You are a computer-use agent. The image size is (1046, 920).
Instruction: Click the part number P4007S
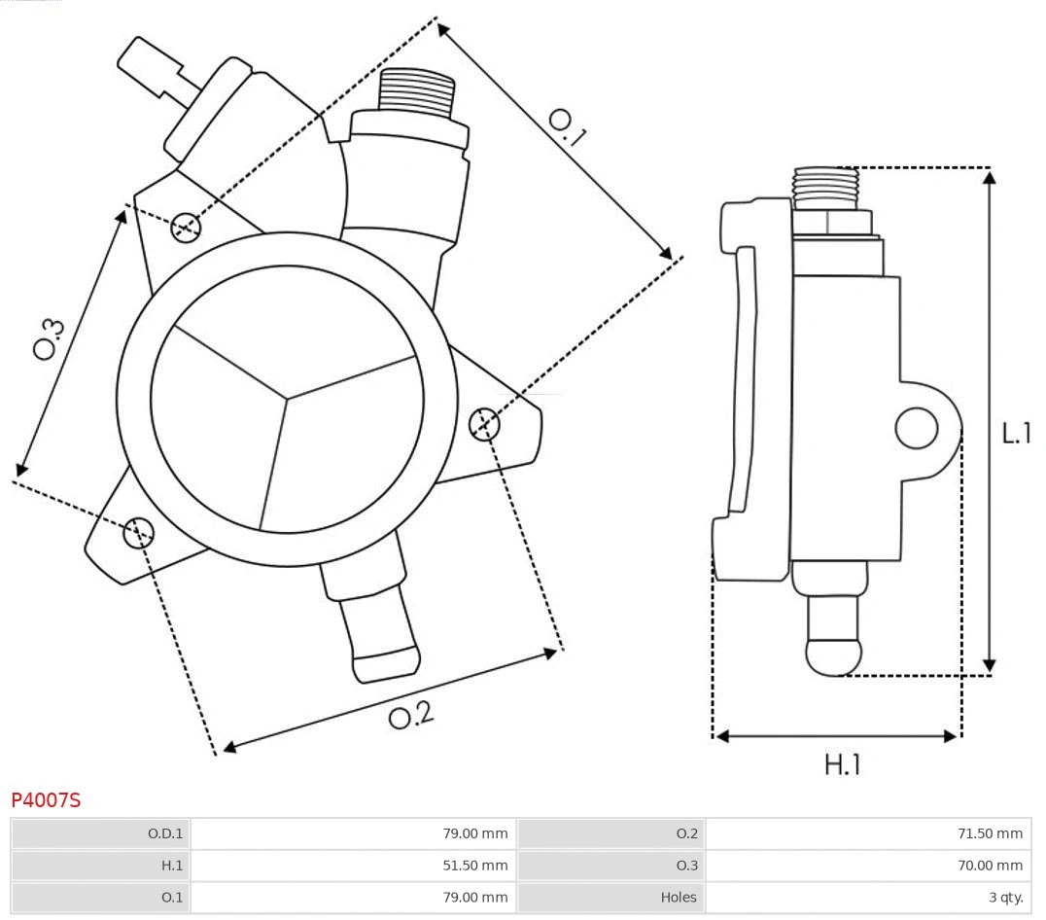(46, 800)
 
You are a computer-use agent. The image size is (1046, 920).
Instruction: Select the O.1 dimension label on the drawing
(567, 126)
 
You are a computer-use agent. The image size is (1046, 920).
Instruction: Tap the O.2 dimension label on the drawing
(410, 717)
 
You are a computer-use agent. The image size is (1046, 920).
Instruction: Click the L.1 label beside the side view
(1016, 433)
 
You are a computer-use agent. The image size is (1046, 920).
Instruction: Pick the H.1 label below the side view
(842, 764)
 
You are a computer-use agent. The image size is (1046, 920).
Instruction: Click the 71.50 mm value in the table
(989, 833)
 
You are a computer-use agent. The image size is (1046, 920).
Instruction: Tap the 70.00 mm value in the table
(989, 865)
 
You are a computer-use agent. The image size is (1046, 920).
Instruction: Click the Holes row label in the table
(679, 897)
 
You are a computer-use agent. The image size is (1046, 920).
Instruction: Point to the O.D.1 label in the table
(164, 833)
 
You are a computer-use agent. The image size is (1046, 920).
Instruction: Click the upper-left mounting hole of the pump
(185, 228)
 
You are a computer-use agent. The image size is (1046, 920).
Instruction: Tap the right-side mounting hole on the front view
(483, 424)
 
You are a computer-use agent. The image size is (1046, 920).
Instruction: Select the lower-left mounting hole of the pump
(138, 531)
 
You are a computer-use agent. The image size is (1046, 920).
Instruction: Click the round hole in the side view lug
(916, 428)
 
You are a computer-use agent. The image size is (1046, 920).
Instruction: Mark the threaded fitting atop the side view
(825, 187)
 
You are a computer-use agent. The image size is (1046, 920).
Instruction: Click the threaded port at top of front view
(416, 92)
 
